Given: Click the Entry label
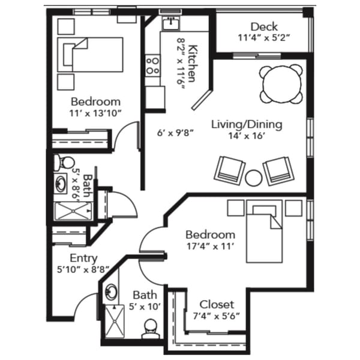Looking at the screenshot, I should [x=83, y=258].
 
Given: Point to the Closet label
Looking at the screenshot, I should [x=217, y=304].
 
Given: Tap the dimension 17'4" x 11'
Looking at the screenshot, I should [x=210, y=245].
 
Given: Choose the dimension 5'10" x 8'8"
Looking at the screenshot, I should [x=84, y=270].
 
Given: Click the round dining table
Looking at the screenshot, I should [x=281, y=82].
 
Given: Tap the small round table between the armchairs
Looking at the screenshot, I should [x=254, y=178].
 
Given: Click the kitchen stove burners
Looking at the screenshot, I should [x=152, y=65].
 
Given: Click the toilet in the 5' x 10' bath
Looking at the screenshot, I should [x=150, y=328].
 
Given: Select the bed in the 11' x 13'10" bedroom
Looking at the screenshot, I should [x=90, y=53].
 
